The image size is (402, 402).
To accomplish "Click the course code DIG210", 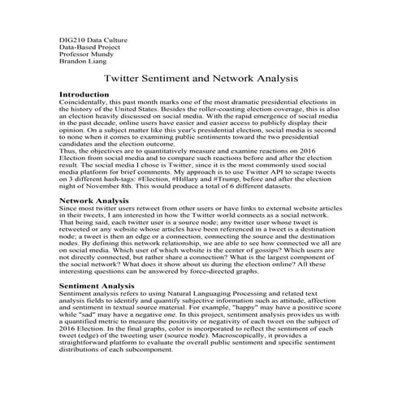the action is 72,40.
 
